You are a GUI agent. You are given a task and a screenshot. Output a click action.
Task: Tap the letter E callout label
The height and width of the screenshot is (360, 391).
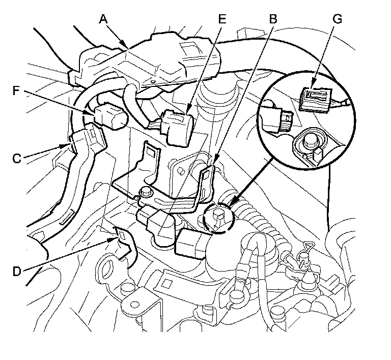click(221, 19)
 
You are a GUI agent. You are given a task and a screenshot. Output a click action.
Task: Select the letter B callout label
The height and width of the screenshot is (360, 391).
click(273, 19)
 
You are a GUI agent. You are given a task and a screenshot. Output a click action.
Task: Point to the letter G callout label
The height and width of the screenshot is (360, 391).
click(337, 19)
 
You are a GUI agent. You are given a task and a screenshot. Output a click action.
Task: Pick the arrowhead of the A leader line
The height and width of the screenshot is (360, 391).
click(127, 48)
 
